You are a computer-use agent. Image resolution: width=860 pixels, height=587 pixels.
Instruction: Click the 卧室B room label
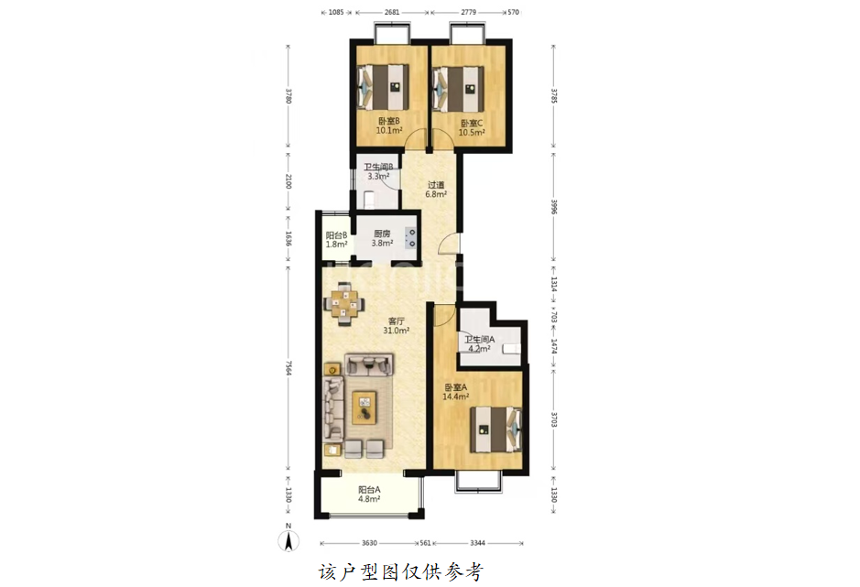(x=389, y=121)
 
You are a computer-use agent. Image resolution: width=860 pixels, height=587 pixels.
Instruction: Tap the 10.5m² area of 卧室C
(x=472, y=133)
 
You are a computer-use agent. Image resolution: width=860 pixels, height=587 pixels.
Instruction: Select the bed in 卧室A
(x=495, y=429)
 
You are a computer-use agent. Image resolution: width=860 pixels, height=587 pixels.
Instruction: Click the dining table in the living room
(x=343, y=303)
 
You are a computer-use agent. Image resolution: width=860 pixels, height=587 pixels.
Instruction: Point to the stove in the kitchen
(x=410, y=238)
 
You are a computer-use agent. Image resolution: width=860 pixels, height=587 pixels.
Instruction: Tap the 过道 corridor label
(x=436, y=185)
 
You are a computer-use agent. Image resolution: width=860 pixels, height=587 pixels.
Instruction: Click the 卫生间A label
(x=479, y=340)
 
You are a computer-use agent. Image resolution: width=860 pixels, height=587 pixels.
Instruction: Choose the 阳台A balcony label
(x=369, y=490)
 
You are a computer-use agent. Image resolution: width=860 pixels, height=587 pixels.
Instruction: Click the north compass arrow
(x=288, y=541)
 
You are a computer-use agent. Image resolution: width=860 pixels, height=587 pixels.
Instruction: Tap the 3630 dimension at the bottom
(x=369, y=543)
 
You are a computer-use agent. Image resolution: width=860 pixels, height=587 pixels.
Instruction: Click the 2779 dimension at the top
(x=468, y=12)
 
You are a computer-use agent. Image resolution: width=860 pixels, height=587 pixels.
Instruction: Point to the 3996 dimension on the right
(x=554, y=207)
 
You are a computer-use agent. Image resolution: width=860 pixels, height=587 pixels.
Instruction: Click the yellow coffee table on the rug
(x=365, y=408)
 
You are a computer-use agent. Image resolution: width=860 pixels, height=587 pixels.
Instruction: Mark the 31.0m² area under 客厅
(x=396, y=331)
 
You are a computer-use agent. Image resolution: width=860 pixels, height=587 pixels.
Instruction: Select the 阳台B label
(x=336, y=234)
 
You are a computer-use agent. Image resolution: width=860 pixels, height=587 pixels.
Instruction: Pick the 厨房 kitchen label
(x=382, y=234)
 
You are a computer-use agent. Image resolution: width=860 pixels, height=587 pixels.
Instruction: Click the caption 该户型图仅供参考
(x=401, y=571)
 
